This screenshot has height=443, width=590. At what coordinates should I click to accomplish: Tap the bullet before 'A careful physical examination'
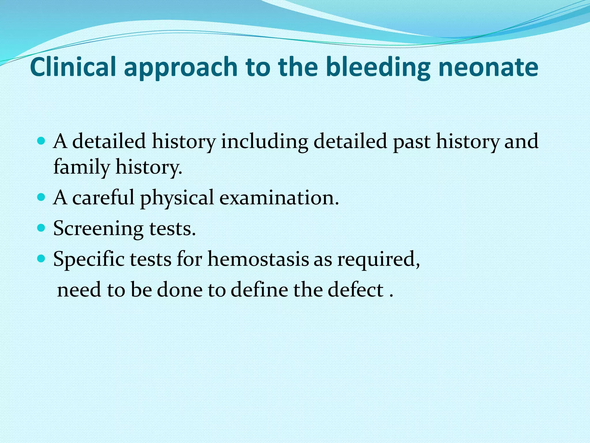(x=42, y=198)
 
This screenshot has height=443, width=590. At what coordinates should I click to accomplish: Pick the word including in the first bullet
(x=264, y=142)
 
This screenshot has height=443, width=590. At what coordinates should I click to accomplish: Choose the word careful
(x=103, y=198)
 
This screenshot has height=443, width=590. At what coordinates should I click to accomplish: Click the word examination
(x=279, y=198)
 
